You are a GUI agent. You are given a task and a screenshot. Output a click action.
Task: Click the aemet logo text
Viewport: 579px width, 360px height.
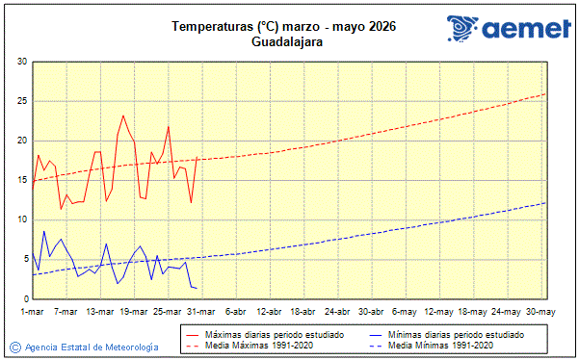point(521,31)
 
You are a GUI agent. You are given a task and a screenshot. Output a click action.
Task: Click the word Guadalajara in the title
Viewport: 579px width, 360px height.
point(287,42)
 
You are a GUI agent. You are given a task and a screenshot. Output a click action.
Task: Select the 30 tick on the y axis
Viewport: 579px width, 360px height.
point(21,62)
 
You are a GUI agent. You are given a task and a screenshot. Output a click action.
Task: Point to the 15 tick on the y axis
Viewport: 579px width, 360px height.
point(21,180)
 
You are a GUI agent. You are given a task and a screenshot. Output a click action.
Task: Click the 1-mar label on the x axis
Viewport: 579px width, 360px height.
point(33,312)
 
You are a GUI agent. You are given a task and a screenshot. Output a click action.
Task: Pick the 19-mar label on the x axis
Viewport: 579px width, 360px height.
point(134,312)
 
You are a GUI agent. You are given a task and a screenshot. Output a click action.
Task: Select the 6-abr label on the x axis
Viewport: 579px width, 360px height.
point(235,312)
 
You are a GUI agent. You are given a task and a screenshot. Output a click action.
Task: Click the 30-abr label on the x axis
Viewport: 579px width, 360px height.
point(371,312)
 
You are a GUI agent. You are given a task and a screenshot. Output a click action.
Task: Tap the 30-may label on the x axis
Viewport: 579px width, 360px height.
point(540,312)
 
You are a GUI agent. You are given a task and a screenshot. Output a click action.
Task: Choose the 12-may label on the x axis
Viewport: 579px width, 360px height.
point(438,312)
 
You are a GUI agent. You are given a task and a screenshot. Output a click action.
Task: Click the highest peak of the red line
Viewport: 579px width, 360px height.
point(123,116)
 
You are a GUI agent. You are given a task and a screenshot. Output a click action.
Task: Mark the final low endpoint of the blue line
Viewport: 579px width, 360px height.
point(197,288)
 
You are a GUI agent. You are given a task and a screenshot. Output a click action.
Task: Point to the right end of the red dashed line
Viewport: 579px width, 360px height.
point(546,93)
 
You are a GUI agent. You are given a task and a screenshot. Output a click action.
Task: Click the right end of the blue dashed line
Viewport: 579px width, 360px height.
point(546,202)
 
